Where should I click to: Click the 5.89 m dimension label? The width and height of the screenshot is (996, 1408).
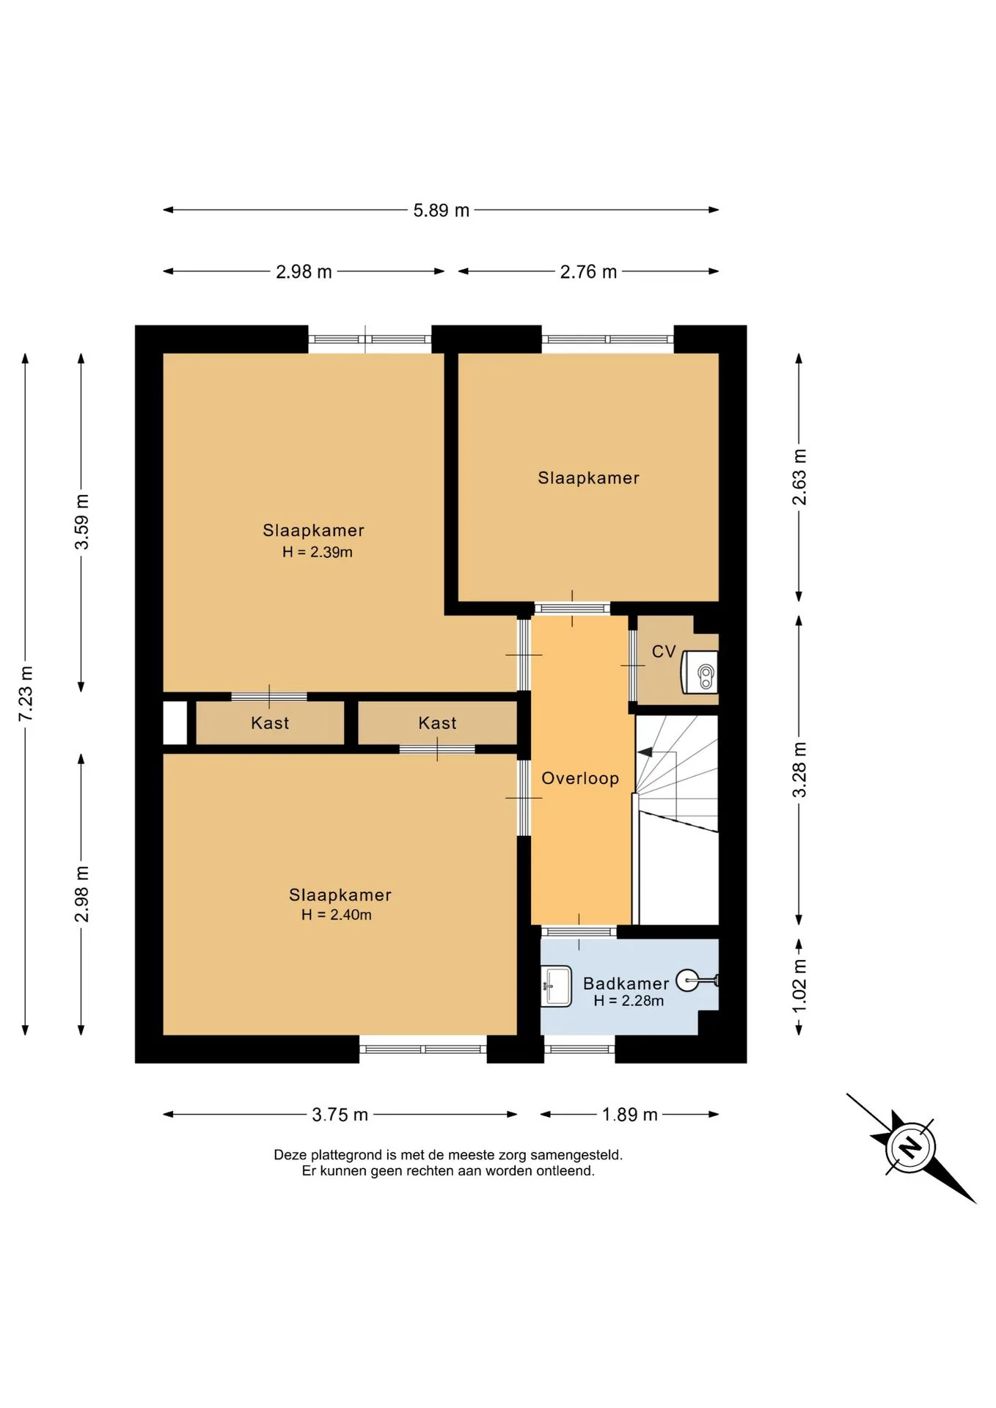441,210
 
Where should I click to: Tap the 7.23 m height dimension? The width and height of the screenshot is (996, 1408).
26,694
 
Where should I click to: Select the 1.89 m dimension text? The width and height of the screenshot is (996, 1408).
629,1115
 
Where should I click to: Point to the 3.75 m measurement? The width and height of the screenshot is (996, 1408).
340,1115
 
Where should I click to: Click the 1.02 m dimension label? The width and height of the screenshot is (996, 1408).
799,986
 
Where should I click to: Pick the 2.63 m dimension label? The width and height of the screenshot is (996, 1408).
799,477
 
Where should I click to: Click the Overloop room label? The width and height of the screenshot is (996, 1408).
580,778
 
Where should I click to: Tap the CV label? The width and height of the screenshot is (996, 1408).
664,651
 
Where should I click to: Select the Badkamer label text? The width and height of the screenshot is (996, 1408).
626,983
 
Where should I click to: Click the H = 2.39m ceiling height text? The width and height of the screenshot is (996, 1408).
318,552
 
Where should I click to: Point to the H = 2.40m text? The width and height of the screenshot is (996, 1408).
337,914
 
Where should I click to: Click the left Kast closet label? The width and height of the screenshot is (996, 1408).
270,723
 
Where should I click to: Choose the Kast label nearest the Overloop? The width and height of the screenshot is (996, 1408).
437,723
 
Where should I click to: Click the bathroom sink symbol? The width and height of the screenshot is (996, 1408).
556,986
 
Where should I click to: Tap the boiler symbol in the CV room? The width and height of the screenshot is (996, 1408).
700,672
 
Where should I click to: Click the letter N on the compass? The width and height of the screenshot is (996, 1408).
910,1146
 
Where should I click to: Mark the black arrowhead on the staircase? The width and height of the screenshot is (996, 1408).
645,752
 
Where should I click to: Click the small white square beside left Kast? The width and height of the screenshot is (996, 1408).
175,723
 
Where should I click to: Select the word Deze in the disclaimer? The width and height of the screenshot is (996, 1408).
290,1155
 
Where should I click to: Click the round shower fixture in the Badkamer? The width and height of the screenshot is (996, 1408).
687,980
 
